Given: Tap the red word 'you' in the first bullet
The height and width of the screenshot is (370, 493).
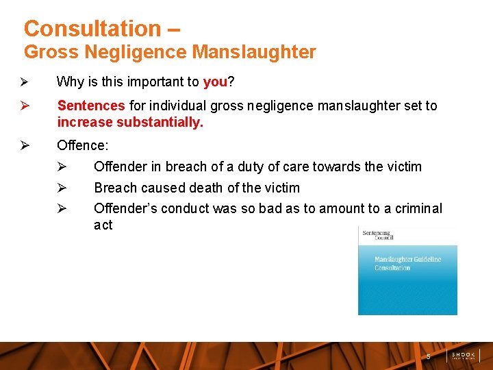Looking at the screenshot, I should click(215, 82).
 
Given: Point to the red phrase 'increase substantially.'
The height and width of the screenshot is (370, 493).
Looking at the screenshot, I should click(130, 123).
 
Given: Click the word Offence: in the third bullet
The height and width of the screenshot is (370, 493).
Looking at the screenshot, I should click(82, 145).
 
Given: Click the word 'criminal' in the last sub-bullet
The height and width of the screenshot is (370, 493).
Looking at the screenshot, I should click(419, 208).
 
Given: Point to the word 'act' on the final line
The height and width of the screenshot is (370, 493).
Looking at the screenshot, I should click(103, 225).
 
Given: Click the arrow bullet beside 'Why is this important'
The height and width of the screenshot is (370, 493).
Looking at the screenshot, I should click(23, 82).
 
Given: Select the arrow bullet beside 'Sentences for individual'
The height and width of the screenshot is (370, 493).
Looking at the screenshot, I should click(23, 106).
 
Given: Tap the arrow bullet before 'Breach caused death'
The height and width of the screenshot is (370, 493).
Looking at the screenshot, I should click(60, 188).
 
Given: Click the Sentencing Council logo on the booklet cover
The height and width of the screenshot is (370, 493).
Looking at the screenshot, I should click(377, 235).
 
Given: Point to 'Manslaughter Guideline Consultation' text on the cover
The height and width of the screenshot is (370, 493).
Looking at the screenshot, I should click(407, 263).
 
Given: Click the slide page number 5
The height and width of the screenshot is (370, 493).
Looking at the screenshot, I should click(429, 356).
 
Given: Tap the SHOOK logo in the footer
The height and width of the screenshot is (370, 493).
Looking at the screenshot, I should click(464, 356).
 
